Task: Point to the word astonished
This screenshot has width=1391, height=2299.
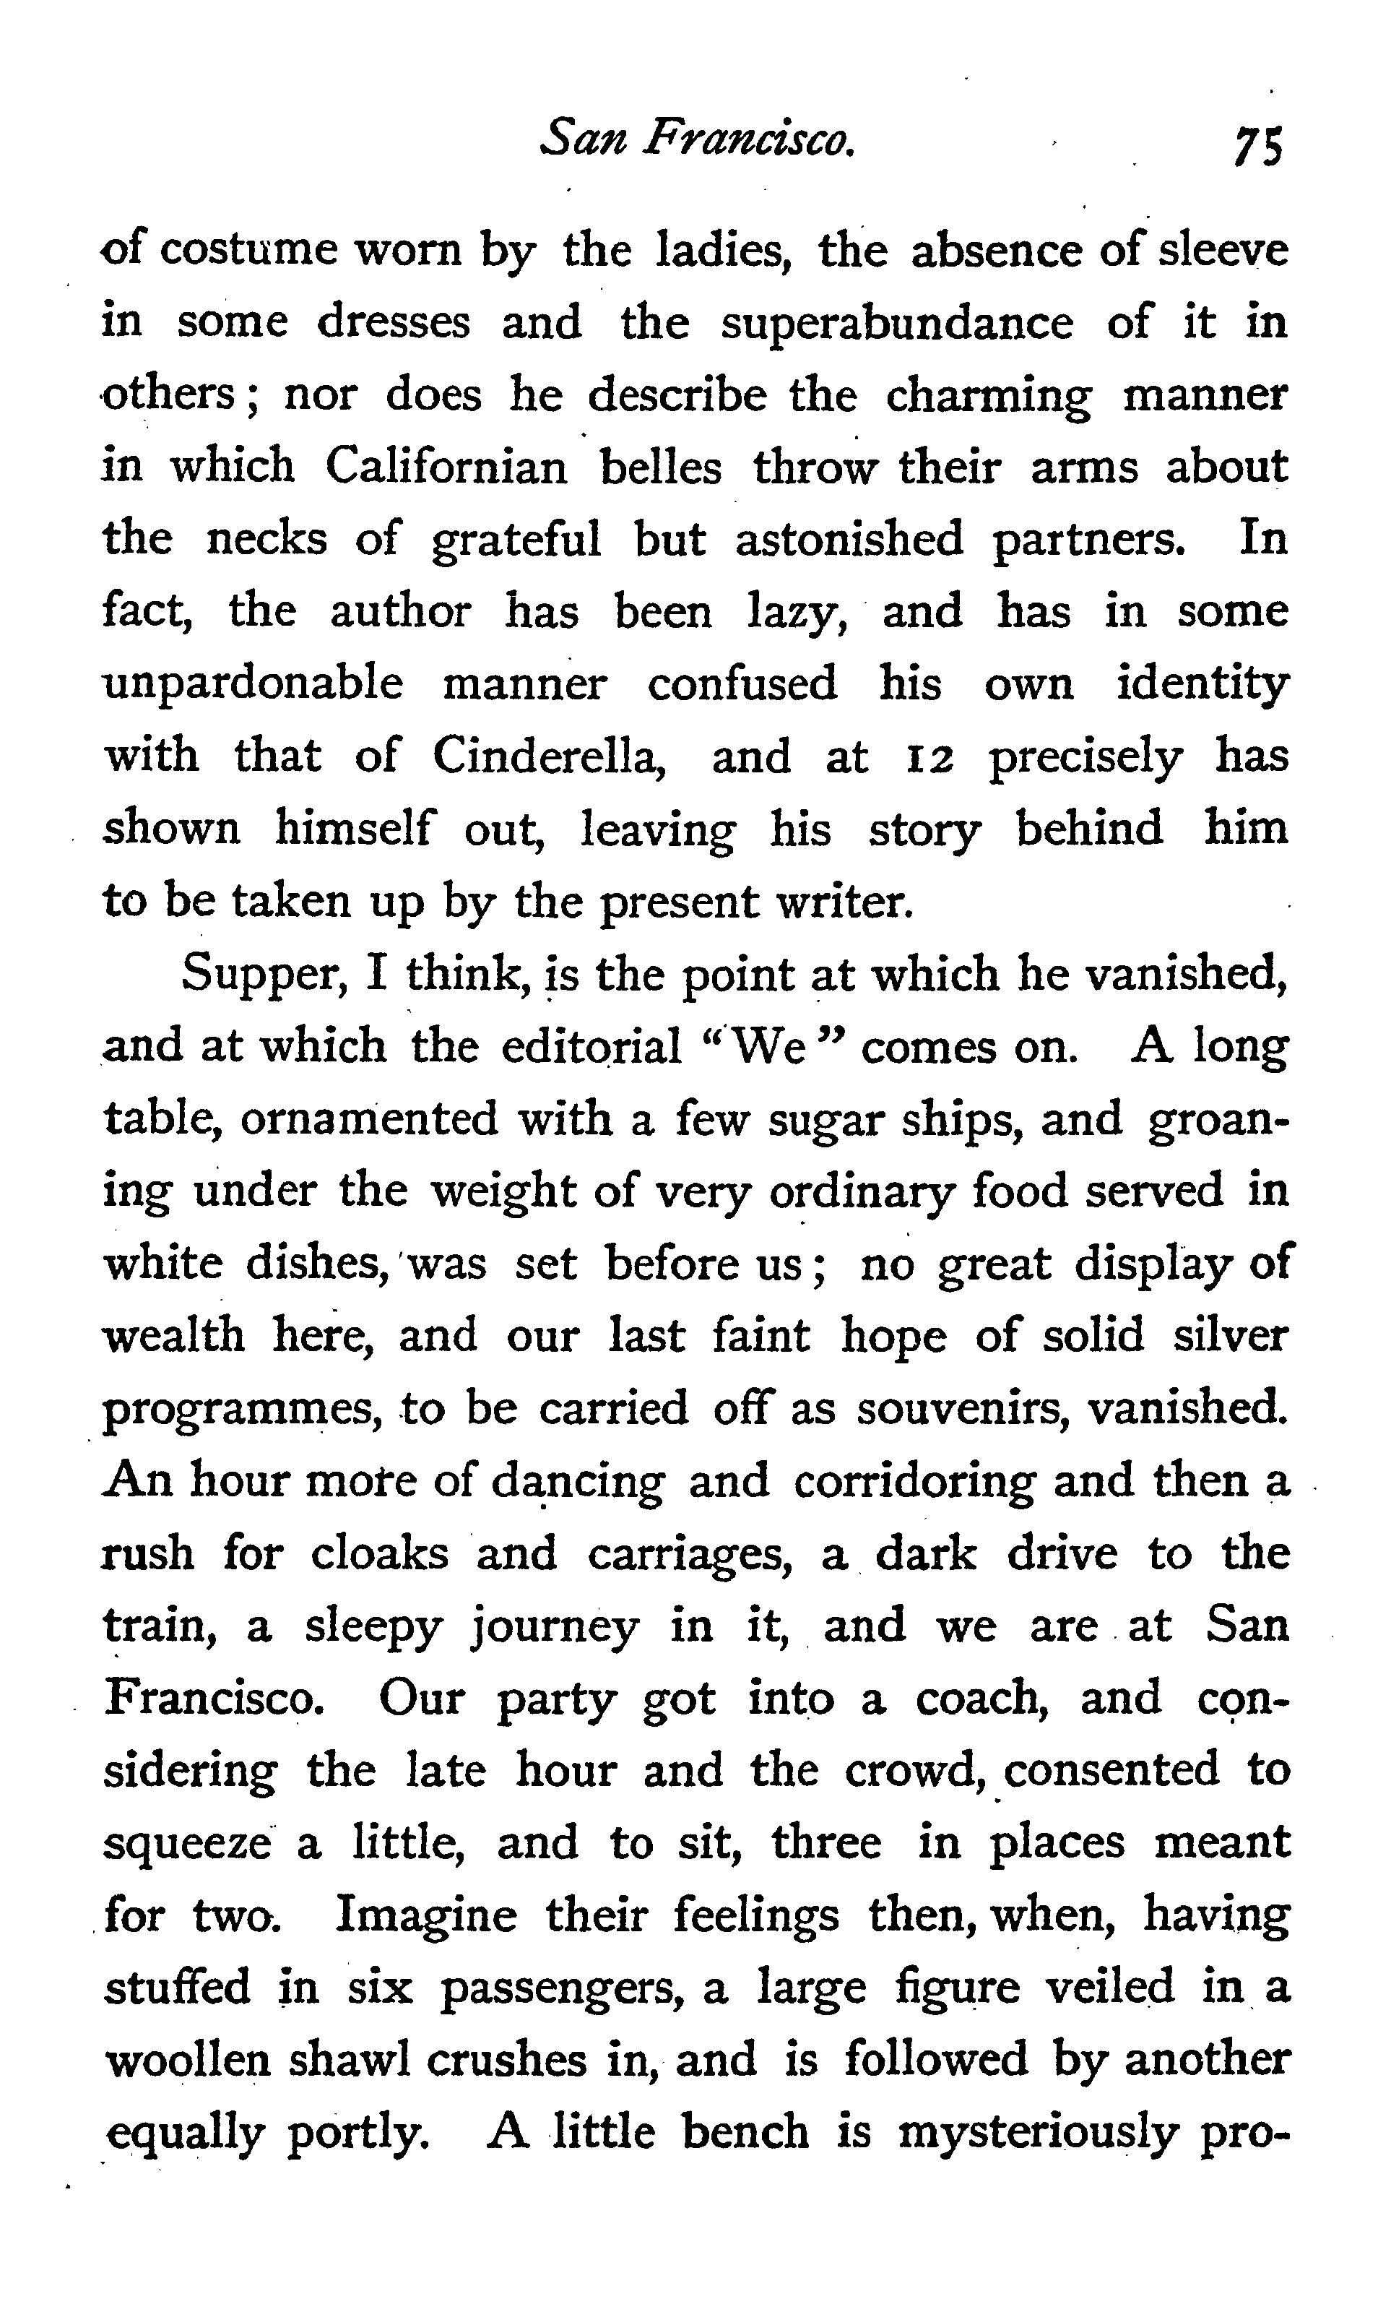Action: tap(849, 539)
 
